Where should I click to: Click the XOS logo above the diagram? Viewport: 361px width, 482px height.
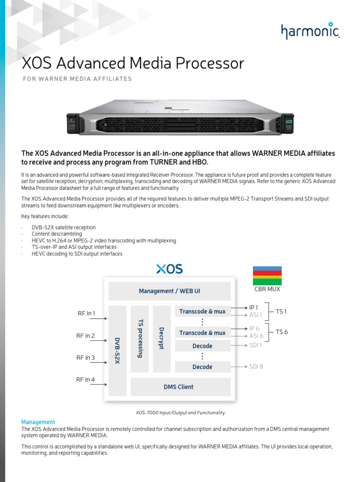pyautogui.click(x=169, y=269)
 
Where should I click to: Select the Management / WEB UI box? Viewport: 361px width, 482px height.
pyautogui.click(x=169, y=291)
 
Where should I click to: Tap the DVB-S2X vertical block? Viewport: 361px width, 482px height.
pyautogui.click(x=118, y=351)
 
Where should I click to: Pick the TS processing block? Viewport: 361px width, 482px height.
pyautogui.click(x=140, y=338)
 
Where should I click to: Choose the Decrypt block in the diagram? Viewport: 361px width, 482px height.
pyautogui.click(x=161, y=338)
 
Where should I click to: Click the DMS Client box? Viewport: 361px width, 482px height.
pyautogui.click(x=179, y=387)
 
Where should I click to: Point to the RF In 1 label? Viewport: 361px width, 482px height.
pyautogui.click(x=86, y=313)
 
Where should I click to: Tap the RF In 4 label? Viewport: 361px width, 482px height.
pyautogui.click(x=86, y=379)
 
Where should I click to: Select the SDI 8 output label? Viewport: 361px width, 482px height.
pyautogui.click(x=256, y=367)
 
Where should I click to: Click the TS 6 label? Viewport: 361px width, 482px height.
pyautogui.click(x=282, y=332)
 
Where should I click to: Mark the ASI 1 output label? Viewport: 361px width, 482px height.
pyautogui.click(x=256, y=315)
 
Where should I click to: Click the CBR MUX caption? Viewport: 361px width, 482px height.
pyautogui.click(x=267, y=289)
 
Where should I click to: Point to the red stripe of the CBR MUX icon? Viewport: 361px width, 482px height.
pyautogui.click(x=267, y=273)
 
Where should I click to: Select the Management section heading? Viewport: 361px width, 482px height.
pyautogui.click(x=38, y=422)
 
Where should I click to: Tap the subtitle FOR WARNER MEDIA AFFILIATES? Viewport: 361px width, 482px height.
pyautogui.click(x=77, y=79)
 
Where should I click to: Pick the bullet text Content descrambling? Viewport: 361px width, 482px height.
pyautogui.click(x=57, y=234)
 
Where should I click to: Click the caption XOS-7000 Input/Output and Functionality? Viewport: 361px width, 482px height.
pyautogui.click(x=180, y=413)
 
